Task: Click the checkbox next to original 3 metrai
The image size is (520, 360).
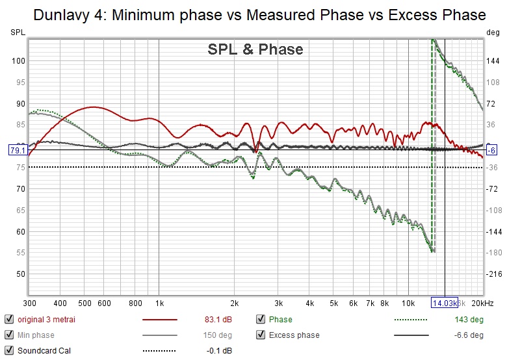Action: [x=8, y=319]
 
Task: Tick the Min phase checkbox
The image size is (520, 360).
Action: [x=8, y=335]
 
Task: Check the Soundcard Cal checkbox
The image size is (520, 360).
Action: [x=8, y=351]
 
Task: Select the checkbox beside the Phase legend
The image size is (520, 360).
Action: [x=261, y=319]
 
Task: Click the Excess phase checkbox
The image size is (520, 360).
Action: [x=261, y=335]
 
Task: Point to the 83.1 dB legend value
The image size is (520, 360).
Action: [x=218, y=319]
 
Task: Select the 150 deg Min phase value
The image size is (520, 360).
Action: [x=218, y=335]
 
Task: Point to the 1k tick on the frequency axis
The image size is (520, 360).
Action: [x=159, y=303]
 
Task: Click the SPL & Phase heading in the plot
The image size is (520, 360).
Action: [x=255, y=49]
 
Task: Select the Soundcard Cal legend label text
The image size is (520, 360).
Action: [x=44, y=351]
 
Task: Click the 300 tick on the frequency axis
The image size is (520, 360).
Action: [x=30, y=303]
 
